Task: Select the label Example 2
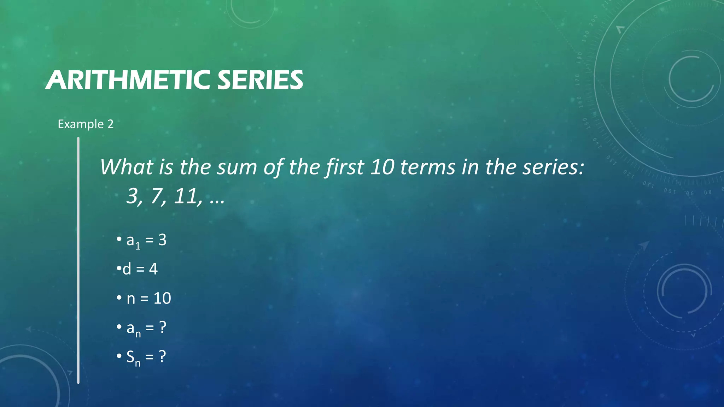point(86,124)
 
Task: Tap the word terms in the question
point(428,167)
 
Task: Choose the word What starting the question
point(126,167)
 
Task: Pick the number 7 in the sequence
point(157,196)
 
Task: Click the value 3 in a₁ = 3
point(162,240)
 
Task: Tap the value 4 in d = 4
point(153,269)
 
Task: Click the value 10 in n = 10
point(162,299)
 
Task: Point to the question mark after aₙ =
point(163,328)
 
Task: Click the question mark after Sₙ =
point(162,356)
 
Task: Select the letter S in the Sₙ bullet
point(130,357)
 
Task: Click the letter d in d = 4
point(127,269)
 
